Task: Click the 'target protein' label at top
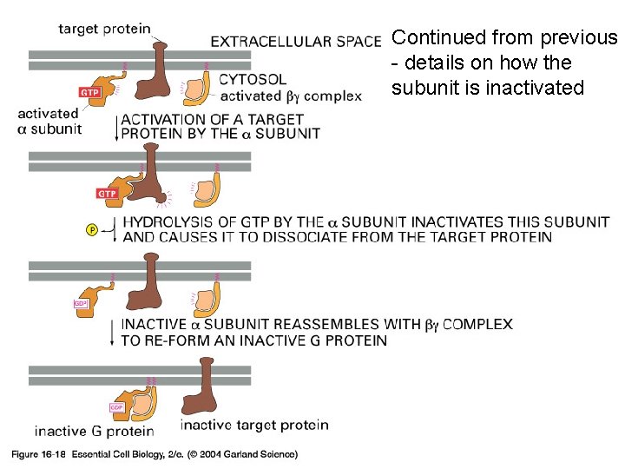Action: pyautogui.click(x=103, y=28)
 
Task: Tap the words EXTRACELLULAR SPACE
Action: pyautogui.click(x=296, y=41)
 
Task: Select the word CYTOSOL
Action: pyautogui.click(x=253, y=80)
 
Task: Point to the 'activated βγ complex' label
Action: pyautogui.click(x=291, y=96)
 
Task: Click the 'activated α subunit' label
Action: pyautogui.click(x=49, y=121)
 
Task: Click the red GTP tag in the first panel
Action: pyautogui.click(x=89, y=91)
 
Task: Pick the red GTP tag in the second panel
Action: pyautogui.click(x=106, y=193)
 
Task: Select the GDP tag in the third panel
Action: pyautogui.click(x=82, y=304)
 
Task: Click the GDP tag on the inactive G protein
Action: pyautogui.click(x=117, y=406)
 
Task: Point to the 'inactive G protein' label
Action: pyautogui.click(x=94, y=431)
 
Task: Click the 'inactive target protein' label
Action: pyautogui.click(x=254, y=425)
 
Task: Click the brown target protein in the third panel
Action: pyautogui.click(x=152, y=283)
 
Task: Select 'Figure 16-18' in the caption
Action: pyautogui.click(x=37, y=453)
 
